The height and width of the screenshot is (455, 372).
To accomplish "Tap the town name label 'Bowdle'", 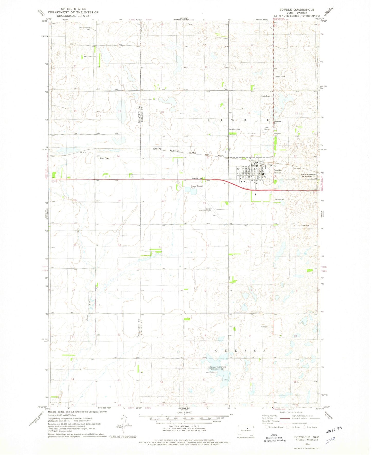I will [x=278, y=170].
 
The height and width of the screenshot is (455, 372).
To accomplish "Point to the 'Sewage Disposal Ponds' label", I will [x=197, y=187].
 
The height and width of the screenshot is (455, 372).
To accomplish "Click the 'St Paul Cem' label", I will [x=279, y=200].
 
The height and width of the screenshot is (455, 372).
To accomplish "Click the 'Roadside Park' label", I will [x=196, y=178].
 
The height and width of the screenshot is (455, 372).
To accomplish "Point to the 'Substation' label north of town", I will [x=278, y=134].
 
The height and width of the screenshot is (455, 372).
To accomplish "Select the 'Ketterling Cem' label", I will [x=234, y=129].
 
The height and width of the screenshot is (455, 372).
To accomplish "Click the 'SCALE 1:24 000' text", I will [x=184, y=419].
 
